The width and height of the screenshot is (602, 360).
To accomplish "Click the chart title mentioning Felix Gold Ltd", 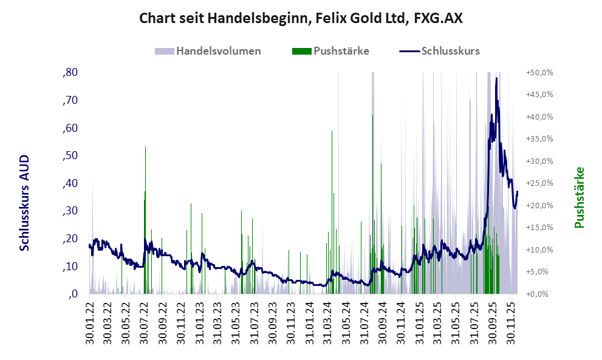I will click(x=301, y=18).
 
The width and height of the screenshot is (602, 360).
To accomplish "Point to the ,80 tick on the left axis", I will click(x=70, y=73).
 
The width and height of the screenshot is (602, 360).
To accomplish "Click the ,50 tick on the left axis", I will click(x=70, y=156).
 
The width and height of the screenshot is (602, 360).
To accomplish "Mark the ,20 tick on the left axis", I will click(x=70, y=239).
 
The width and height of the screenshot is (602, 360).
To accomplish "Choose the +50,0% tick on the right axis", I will click(x=539, y=73).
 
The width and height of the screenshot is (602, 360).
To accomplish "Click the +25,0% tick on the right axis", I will click(x=539, y=183).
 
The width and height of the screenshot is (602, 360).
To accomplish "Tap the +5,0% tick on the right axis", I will click(x=539, y=272).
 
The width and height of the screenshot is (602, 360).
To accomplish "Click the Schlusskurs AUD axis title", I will click(x=25, y=203).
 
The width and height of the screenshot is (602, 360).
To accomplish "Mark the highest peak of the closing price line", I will click(x=496, y=78).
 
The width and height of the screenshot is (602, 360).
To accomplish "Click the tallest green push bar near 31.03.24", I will click(x=332, y=131).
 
